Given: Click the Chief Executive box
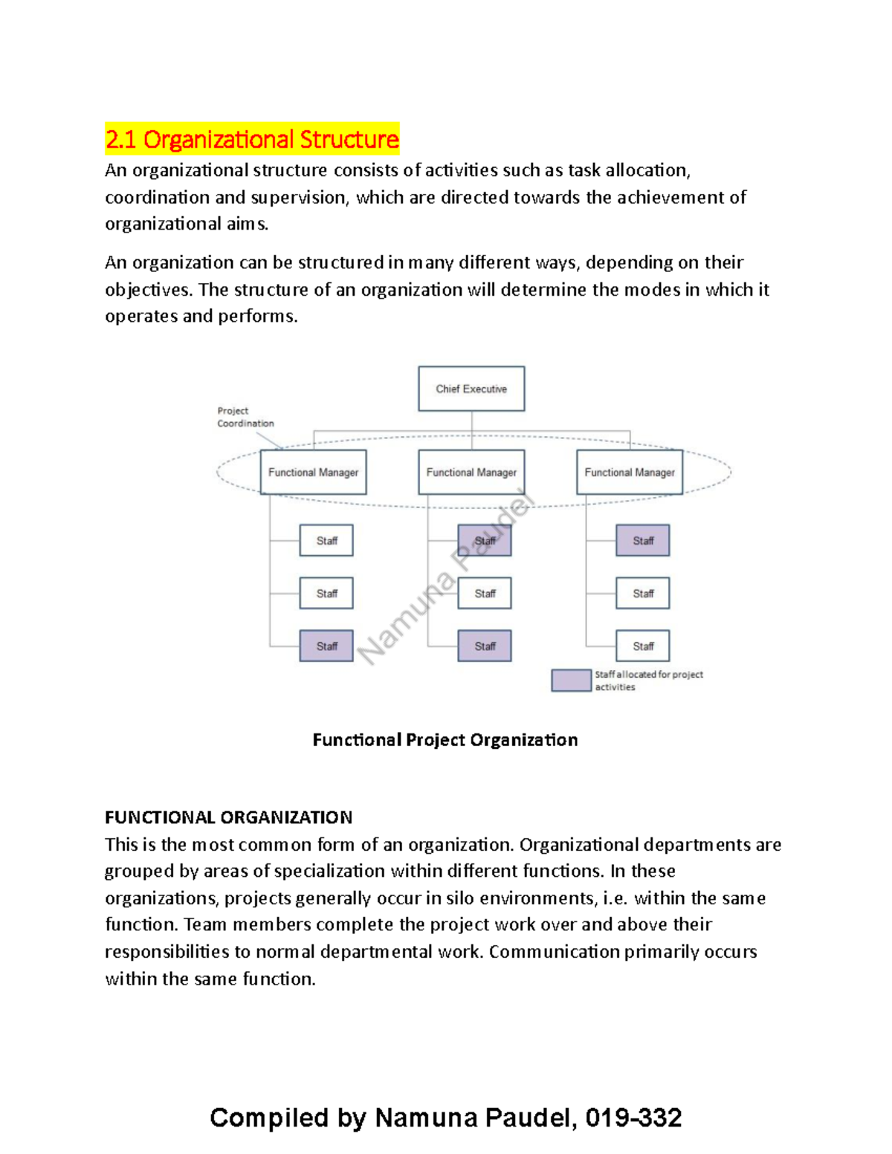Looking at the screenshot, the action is point(471,389).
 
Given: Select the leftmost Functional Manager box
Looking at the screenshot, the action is point(313,472).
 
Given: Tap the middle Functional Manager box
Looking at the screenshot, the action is point(471,472).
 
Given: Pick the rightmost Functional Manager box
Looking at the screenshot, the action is point(630,472).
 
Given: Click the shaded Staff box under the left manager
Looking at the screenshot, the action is point(326,646).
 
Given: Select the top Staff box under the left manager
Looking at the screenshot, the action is point(326,540).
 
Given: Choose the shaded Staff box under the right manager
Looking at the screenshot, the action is point(643,540).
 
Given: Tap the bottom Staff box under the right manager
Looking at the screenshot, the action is point(643,646).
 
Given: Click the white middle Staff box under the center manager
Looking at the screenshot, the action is point(485,593).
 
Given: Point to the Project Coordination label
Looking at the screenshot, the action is point(245,417).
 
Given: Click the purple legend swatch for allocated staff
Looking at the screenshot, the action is point(571,680).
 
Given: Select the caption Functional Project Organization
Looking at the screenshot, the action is point(445,740).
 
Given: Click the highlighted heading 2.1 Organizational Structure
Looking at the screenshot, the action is point(252,139).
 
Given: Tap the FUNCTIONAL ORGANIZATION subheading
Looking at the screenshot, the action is point(228,817).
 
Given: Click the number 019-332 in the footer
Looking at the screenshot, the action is point(633,1118).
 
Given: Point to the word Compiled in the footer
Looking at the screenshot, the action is point(269,1118).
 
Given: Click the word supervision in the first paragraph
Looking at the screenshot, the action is point(299,198).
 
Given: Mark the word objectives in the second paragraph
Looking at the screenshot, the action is point(149,290).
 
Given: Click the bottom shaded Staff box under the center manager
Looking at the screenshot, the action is point(485,646).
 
